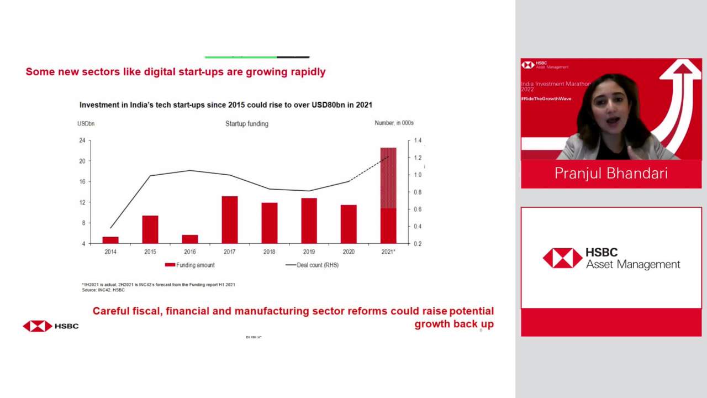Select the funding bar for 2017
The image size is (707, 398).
pyautogui.click(x=230, y=220)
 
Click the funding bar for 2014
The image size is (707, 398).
pyautogui.click(x=110, y=240)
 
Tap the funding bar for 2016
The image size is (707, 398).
pyautogui.click(x=190, y=239)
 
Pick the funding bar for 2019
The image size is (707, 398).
pyautogui.click(x=309, y=221)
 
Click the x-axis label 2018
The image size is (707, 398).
pyautogui.click(x=269, y=252)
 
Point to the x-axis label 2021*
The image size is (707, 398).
pyautogui.click(x=388, y=252)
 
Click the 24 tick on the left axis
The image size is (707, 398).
pyautogui.click(x=82, y=140)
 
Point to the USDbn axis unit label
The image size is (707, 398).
pyautogui.click(x=86, y=123)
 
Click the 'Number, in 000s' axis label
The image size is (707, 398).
pyautogui.click(x=394, y=123)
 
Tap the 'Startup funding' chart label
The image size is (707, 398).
pyautogui.click(x=247, y=124)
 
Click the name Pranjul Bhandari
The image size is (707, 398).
pyautogui.click(x=611, y=174)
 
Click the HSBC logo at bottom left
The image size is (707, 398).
pyautogui.click(x=50, y=326)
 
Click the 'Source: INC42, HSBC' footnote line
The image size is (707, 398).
pyautogui.click(x=103, y=290)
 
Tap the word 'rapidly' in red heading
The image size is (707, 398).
pyautogui.click(x=309, y=72)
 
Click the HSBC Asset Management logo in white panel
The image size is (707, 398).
pyautogui.click(x=611, y=258)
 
